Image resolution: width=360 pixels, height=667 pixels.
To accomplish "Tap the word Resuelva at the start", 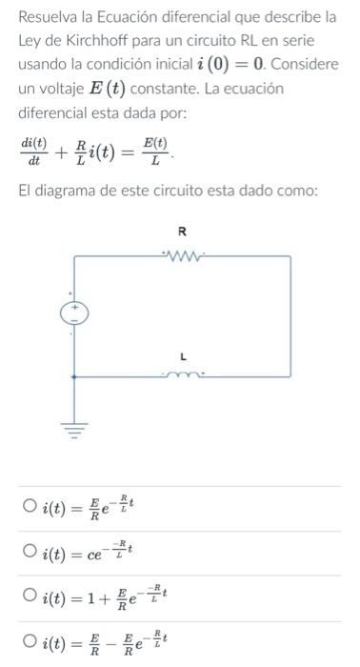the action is pos(49,17).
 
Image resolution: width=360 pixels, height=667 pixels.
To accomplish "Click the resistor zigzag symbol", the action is pos(182,254).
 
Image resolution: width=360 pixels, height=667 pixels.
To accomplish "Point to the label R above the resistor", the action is pos(183,232).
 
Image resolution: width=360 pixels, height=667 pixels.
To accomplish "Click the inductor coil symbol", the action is pos(182,375).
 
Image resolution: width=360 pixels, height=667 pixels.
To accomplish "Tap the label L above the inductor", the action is pos(183,356).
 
